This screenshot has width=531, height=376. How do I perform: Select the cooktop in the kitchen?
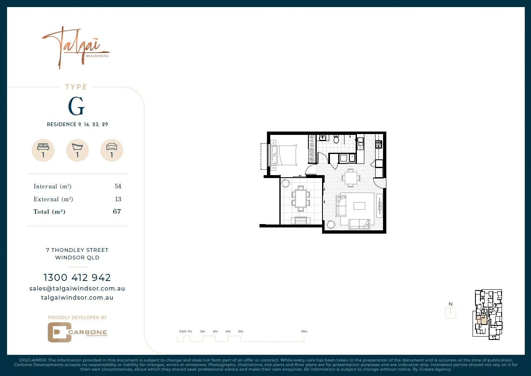[378, 144]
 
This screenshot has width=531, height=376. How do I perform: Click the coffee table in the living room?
[359, 205]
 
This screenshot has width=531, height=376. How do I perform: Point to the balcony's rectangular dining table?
[301, 198]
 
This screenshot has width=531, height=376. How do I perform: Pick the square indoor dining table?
[351, 178]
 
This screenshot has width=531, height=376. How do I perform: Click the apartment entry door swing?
[380, 182]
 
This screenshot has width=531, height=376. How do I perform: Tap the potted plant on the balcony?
[286, 183]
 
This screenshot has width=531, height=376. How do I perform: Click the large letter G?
[76, 107]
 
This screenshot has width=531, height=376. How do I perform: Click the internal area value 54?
[118, 187]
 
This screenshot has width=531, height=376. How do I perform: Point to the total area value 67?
[117, 212]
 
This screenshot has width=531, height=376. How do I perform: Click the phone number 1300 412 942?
[77, 278]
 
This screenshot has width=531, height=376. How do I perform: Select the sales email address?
[77, 288]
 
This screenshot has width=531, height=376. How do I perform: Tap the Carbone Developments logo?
[77, 332]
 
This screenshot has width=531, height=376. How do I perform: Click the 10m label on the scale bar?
[304, 332]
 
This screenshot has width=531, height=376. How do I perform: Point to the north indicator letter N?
[451, 304]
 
